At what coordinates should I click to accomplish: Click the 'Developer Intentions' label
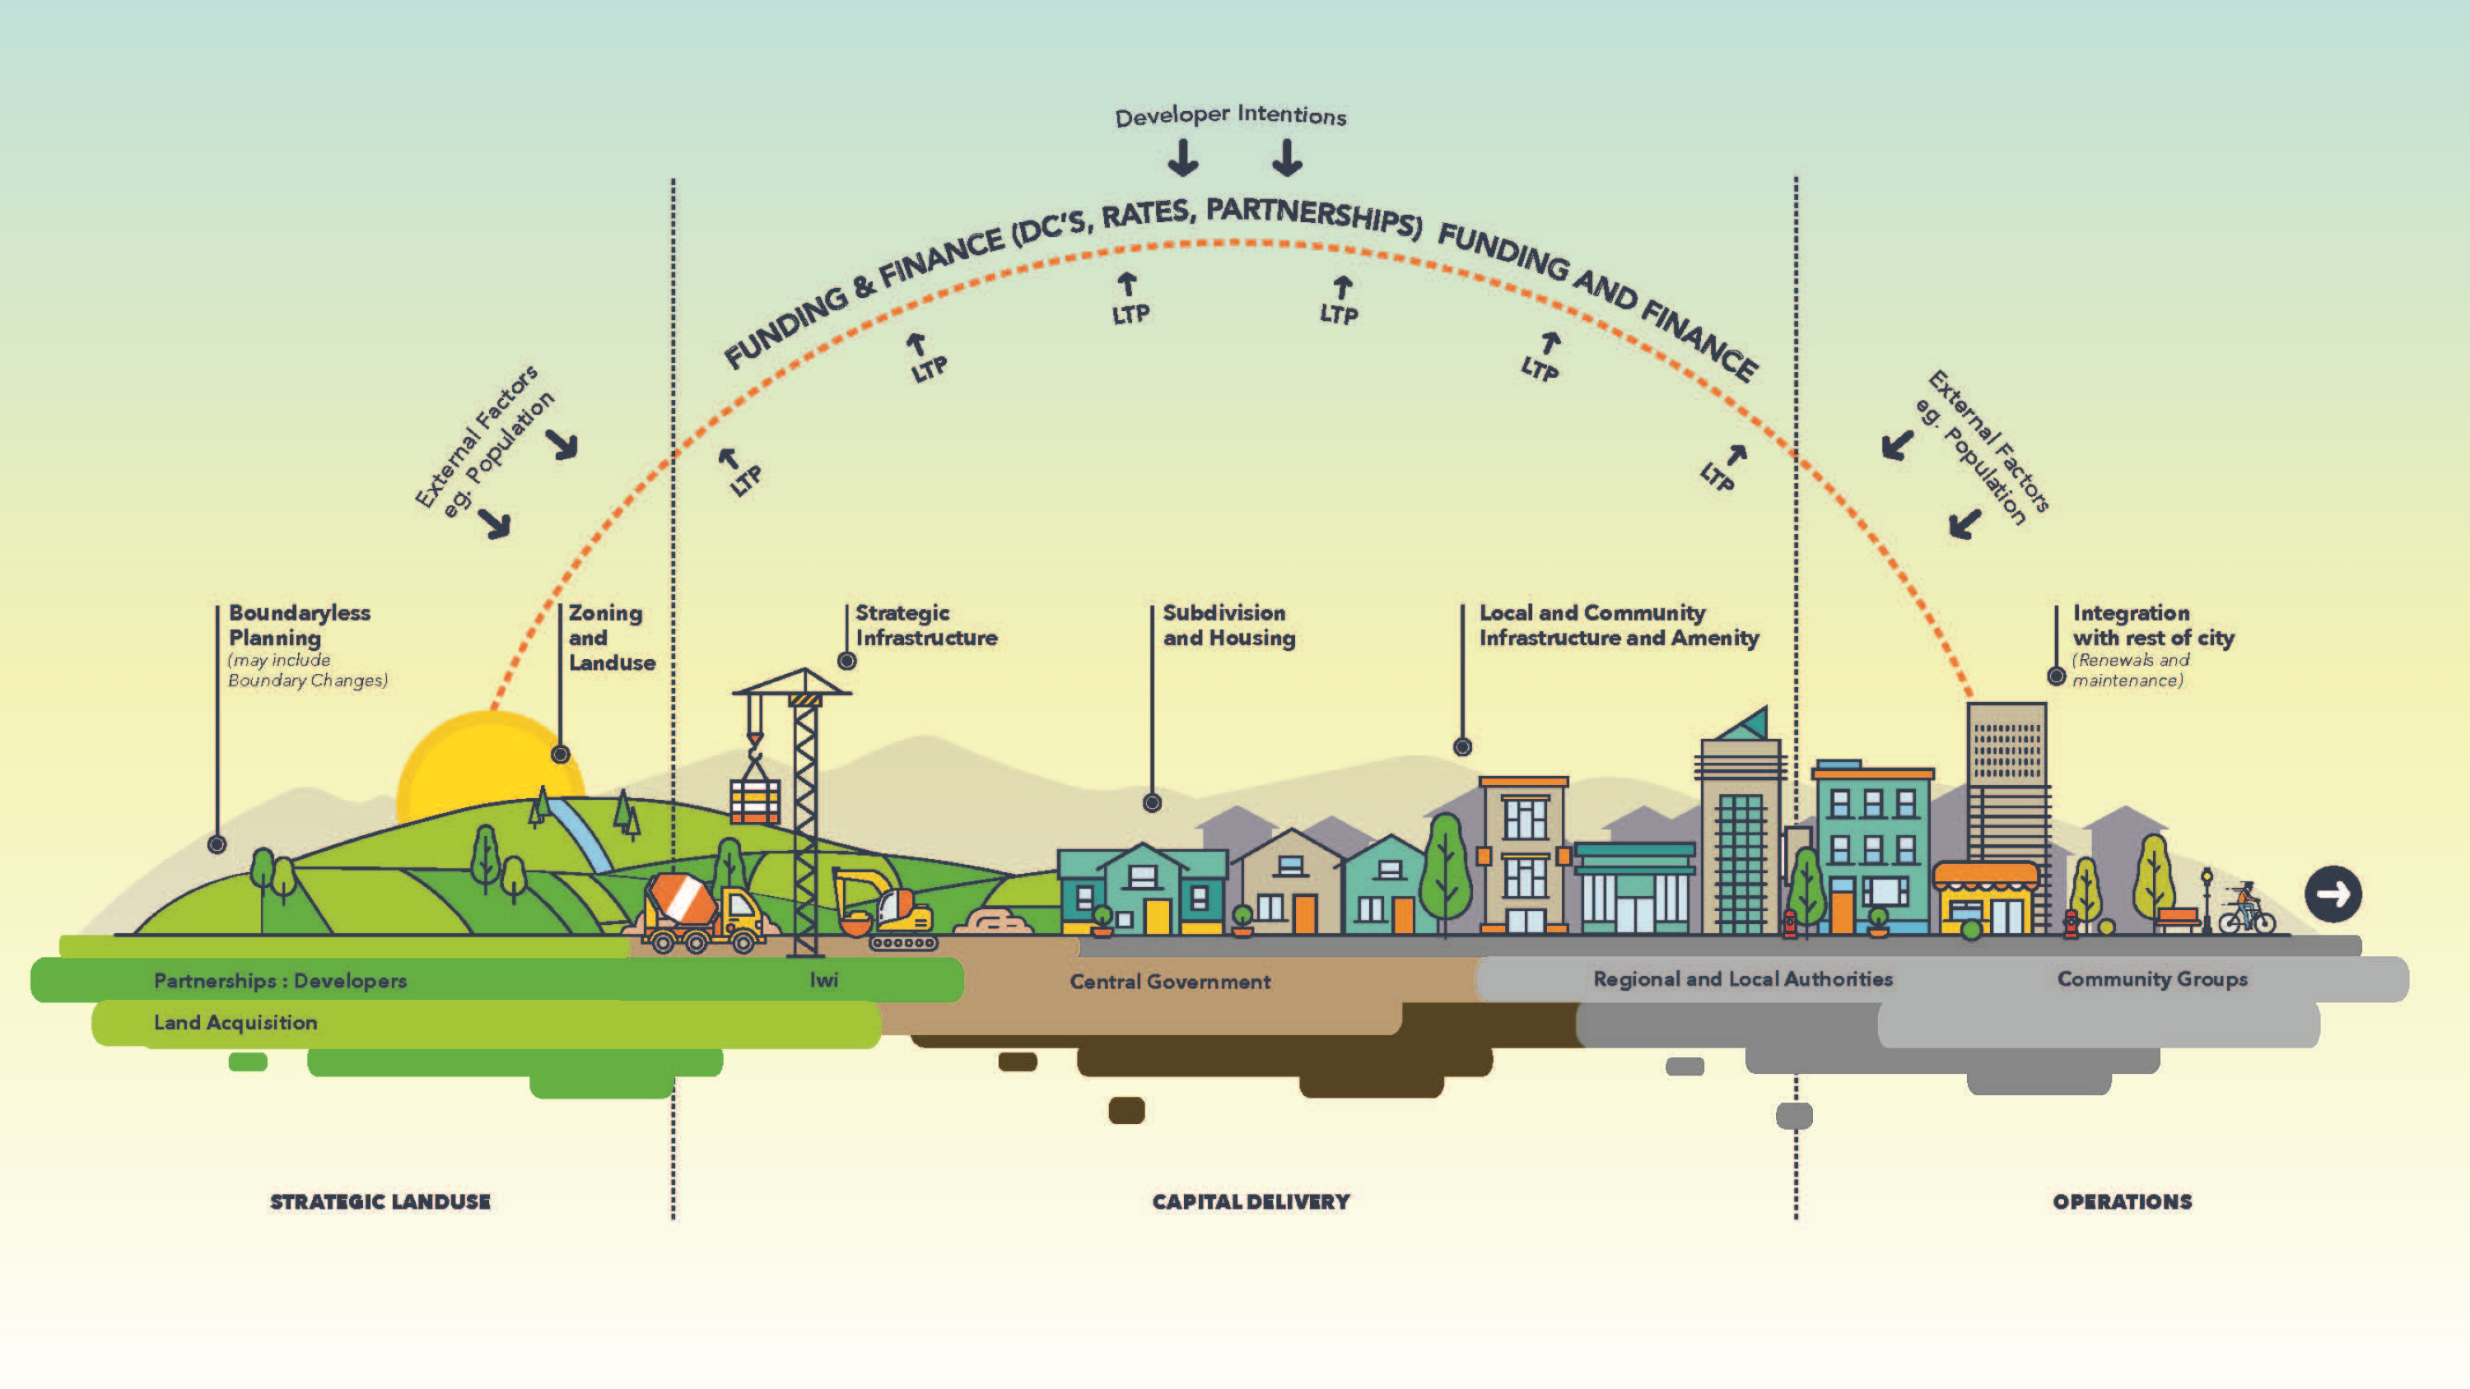(x=1230, y=116)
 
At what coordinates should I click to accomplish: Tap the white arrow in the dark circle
(x=2333, y=894)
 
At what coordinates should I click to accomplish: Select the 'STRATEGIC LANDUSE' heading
(x=380, y=1201)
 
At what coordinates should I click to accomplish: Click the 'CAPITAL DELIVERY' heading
(x=1251, y=1201)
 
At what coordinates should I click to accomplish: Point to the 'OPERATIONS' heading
(x=2122, y=1201)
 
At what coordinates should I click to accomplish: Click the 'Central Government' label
(x=1170, y=982)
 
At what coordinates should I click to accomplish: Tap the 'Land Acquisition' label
(x=235, y=1023)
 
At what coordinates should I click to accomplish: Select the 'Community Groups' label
(x=2151, y=978)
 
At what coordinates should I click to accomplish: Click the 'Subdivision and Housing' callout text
(x=1228, y=625)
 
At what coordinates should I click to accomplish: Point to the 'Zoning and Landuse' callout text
(x=611, y=638)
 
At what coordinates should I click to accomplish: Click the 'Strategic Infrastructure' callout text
(x=925, y=625)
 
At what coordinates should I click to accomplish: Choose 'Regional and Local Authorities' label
(x=1742, y=978)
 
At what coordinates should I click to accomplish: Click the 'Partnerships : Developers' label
(x=280, y=981)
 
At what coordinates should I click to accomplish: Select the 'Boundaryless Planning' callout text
(x=298, y=625)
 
